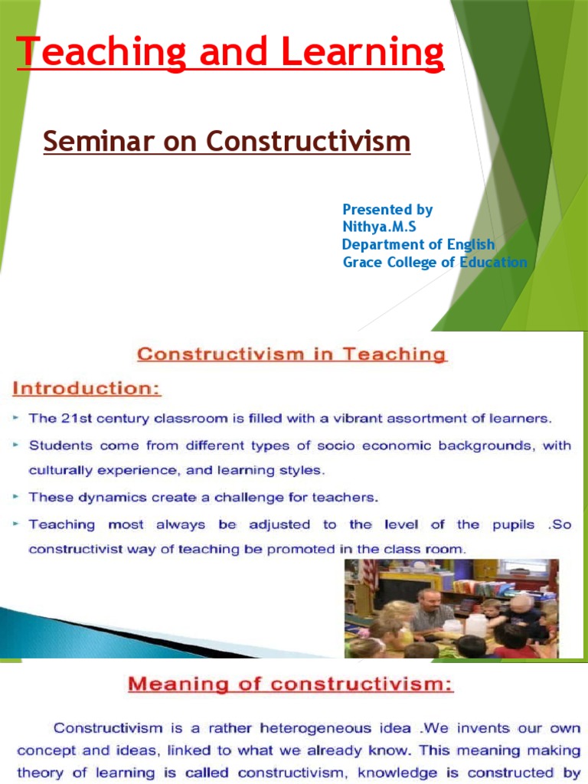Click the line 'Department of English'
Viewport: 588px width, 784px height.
418,244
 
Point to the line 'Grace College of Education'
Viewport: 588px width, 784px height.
435,262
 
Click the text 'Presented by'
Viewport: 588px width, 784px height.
387,209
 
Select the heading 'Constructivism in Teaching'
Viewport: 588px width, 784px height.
291,354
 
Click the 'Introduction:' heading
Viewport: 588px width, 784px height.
87,389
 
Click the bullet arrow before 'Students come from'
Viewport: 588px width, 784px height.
16,445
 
